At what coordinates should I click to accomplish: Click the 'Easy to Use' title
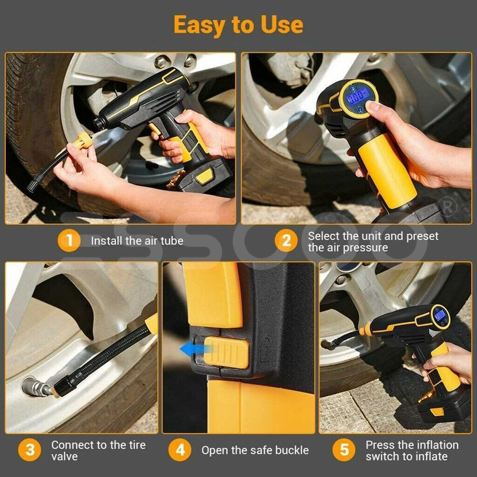point(238,25)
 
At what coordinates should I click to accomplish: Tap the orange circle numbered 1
point(69,240)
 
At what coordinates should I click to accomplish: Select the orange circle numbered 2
point(286,241)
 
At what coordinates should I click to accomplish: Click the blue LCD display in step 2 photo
point(357,97)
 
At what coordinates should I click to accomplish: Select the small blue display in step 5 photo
point(440,315)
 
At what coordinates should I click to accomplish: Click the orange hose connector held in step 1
point(83,140)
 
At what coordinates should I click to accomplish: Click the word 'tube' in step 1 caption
point(172,241)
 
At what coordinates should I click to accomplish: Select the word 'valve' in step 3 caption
point(64,456)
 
